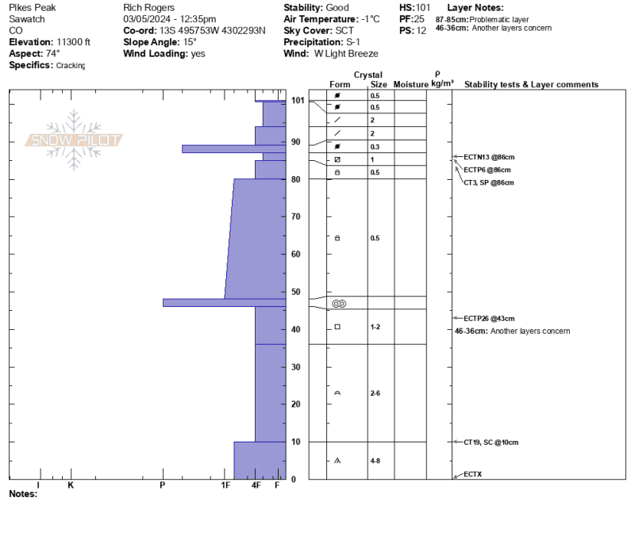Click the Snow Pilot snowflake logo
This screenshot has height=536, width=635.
click(74, 140)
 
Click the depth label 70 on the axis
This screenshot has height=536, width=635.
click(295, 216)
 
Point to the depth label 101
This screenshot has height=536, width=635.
click(298, 100)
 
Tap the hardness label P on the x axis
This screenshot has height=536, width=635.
click(163, 485)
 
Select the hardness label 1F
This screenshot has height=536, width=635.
click(225, 485)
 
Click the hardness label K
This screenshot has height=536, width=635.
click(71, 485)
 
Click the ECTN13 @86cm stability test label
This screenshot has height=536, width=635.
click(489, 157)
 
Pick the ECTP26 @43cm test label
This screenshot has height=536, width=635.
click(489, 319)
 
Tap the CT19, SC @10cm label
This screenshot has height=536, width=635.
click(491, 442)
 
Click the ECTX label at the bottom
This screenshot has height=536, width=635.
click(472, 474)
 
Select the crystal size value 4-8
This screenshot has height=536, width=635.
click(375, 461)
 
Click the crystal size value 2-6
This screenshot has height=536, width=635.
click(375, 393)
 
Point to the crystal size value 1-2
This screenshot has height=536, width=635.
click(375, 327)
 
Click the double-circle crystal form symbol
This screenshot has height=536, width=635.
click(339, 304)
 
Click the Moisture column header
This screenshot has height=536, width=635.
click(410, 84)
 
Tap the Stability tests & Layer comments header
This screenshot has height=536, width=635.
click(531, 84)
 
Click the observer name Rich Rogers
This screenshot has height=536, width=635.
click(149, 8)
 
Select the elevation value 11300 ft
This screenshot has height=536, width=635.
click(73, 42)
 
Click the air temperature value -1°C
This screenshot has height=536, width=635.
click(371, 19)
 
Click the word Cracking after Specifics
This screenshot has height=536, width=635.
click(71, 66)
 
